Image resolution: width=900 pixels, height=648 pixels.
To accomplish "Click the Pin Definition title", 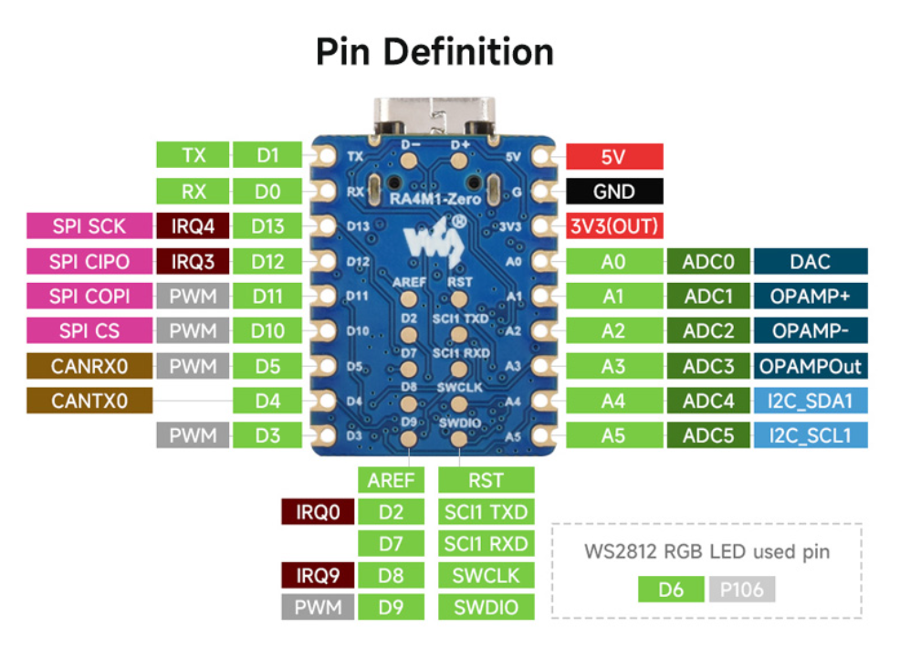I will [x=434, y=52].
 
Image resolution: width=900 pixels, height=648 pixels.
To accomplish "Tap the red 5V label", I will [x=614, y=156].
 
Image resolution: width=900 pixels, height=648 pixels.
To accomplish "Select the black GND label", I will [x=614, y=191].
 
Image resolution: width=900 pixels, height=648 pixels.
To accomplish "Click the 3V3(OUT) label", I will [x=614, y=226].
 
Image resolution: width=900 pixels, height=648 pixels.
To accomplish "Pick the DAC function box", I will [x=810, y=262].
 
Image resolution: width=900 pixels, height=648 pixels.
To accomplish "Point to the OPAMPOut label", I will [x=810, y=366].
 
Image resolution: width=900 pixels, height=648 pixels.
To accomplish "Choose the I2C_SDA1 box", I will [x=810, y=401].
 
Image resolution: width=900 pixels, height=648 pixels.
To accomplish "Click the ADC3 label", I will [x=708, y=366].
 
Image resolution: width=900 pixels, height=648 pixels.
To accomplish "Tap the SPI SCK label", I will [x=89, y=226].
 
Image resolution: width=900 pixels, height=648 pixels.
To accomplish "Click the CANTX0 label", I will [x=89, y=401].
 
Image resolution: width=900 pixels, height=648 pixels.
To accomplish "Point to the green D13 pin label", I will [x=267, y=226].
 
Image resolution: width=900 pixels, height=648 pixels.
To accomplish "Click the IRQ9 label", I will [x=317, y=575].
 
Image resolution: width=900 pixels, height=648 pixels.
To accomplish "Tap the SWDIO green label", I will [x=485, y=607].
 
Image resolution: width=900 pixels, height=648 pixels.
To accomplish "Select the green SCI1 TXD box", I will [x=485, y=512].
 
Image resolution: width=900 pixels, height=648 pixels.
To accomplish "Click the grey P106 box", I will [x=741, y=590].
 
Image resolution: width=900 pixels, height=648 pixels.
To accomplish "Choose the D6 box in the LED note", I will [x=671, y=590].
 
